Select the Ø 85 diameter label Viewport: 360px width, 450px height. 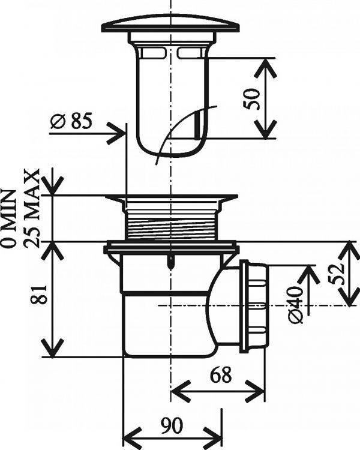point(70,121)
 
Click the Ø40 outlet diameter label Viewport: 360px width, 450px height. point(295,304)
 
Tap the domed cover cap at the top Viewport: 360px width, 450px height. point(170,24)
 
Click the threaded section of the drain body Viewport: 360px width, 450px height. point(170,225)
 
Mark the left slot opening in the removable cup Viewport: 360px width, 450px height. point(153,54)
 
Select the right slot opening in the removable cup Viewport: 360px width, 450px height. point(189,54)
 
